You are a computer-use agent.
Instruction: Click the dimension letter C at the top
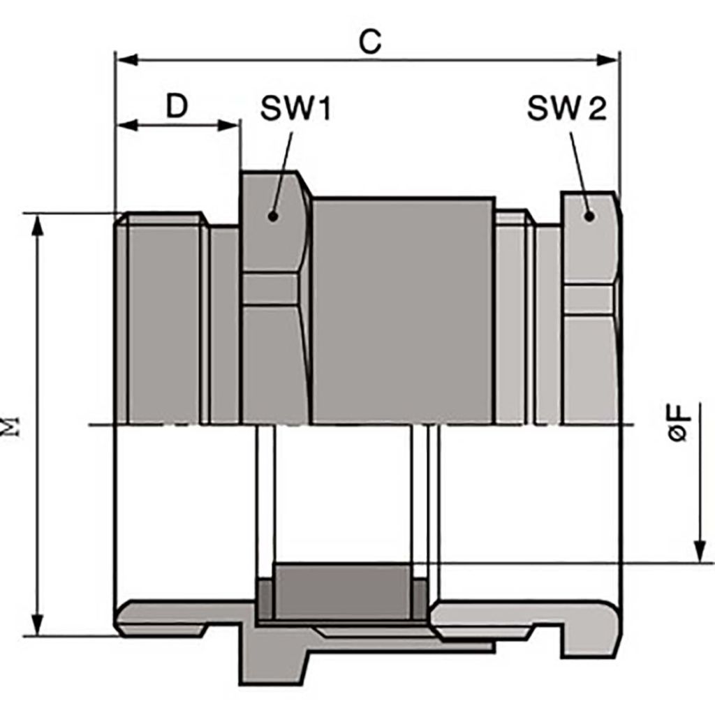pos(370,41)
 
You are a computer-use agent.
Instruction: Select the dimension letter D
pos(178,106)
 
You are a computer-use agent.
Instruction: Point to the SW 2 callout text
pos(567,108)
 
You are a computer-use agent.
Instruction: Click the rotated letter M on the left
pos(13,425)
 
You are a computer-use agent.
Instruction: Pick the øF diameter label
pos(678,421)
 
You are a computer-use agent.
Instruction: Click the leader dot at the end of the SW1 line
pos(273,216)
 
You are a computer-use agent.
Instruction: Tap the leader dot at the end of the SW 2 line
pos(590,216)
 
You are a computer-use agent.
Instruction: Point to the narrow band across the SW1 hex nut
pos(274,286)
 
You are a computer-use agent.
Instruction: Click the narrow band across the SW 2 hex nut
pos(590,296)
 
